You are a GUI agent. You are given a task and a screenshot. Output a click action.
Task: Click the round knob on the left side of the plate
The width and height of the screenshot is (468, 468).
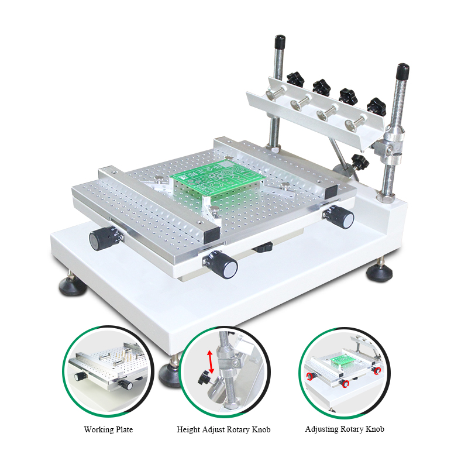(x=105, y=238)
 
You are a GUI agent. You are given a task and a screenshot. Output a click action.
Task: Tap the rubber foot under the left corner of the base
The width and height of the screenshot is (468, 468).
(x=72, y=285)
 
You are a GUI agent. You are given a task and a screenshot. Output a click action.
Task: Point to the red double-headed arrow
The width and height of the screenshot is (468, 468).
(x=211, y=362)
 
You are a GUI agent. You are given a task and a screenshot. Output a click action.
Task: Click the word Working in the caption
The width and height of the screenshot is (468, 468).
(x=99, y=430)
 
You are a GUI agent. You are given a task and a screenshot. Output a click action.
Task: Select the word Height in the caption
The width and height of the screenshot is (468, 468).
(x=188, y=430)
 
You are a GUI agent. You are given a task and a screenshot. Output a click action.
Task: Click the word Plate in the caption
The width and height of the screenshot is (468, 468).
(x=124, y=429)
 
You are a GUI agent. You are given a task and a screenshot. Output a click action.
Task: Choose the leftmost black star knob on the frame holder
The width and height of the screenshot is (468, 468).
(x=295, y=79)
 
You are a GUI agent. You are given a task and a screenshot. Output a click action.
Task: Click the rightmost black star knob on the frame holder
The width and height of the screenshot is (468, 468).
(x=376, y=106)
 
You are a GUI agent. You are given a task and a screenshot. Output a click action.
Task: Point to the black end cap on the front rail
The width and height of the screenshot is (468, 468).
(x=212, y=235)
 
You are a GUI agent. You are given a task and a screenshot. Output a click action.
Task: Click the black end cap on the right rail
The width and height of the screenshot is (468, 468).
(x=331, y=192)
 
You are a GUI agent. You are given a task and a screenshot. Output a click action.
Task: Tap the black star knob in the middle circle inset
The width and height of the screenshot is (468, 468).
(x=204, y=377)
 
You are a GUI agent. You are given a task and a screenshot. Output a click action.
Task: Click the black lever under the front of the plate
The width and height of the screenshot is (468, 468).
(x=263, y=247)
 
